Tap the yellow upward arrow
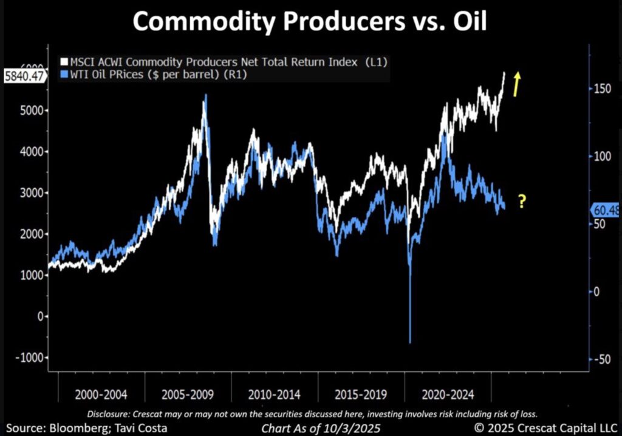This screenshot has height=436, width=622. pyautogui.click(x=516, y=84)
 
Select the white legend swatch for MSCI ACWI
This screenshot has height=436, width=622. pyautogui.click(x=64, y=61)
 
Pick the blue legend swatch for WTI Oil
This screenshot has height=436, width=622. pyautogui.click(x=64, y=75)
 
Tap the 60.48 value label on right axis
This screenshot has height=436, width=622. pyautogui.click(x=605, y=210)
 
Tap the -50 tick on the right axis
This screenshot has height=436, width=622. pyautogui.click(x=602, y=359)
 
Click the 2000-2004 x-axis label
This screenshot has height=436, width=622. pyautogui.click(x=101, y=394)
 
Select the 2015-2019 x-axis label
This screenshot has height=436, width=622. pyautogui.click(x=361, y=394)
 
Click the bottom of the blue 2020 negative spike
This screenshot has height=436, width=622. pyautogui.click(x=410, y=342)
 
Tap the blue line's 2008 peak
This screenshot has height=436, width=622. pyautogui.click(x=206, y=95)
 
